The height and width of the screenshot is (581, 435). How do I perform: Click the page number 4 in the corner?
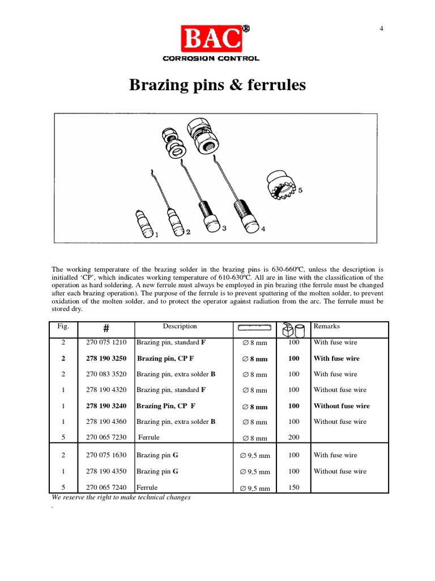point(381,30)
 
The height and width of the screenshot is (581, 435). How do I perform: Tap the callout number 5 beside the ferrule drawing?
point(300,191)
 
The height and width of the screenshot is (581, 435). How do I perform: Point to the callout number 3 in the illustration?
point(224,228)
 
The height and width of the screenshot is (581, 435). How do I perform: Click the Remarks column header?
point(326,327)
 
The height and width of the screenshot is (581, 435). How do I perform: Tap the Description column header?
point(180,327)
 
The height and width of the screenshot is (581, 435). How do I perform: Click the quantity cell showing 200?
point(293,437)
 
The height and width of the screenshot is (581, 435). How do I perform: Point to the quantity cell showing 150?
point(293,487)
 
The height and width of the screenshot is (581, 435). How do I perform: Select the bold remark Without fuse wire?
point(342,406)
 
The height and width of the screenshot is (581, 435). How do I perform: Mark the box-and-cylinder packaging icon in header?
point(293,329)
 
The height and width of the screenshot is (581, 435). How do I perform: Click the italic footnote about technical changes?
point(121,498)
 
